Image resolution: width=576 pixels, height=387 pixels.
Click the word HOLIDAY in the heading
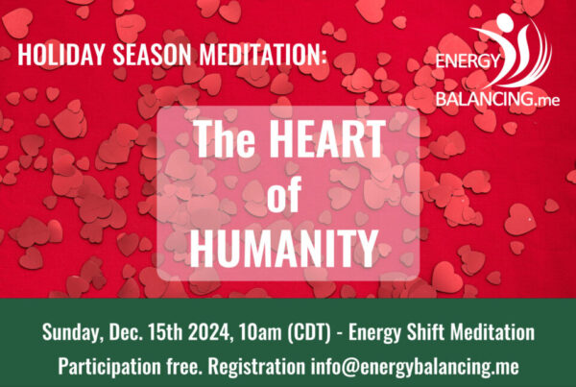[x=61, y=55]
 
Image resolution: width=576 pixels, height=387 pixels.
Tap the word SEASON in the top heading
[x=152, y=55]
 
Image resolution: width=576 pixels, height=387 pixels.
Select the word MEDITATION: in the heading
[x=263, y=55]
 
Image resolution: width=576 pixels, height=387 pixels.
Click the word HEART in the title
[x=329, y=139]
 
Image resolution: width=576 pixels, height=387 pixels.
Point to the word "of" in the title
[x=284, y=194]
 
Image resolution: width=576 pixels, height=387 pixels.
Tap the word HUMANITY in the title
[x=284, y=248]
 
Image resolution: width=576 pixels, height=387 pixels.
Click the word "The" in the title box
[x=225, y=139]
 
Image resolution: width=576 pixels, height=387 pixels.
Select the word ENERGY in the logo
[x=468, y=61]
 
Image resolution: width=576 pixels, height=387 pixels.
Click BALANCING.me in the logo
[x=497, y=99]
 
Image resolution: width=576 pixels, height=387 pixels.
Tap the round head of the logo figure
[x=505, y=22]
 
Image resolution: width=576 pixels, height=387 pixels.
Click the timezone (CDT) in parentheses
[x=309, y=332]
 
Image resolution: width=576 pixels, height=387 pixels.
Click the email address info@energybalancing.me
[x=415, y=367]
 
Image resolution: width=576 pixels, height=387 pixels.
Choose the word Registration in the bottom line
[x=256, y=367]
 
